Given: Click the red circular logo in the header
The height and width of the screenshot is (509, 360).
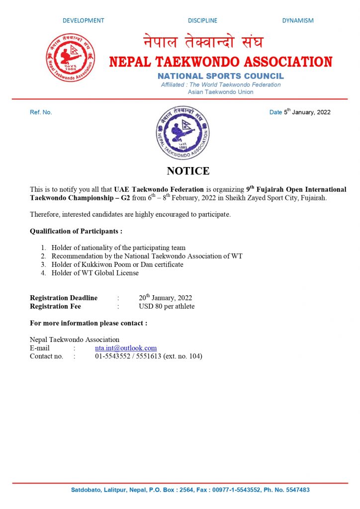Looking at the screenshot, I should point(71,57).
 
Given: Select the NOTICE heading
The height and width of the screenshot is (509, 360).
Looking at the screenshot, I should point(188,171).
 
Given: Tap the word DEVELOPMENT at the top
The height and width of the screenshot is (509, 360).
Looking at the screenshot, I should point(84,20).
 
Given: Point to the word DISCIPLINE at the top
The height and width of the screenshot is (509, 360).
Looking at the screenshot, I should point(202,20).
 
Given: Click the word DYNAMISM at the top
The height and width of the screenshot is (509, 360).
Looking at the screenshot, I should point(298,20).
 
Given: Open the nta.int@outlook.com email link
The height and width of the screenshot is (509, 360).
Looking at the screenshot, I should point(126,348).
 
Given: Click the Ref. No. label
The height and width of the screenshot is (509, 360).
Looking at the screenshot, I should point(41,112).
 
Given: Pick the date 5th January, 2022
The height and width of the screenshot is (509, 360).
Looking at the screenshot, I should point(307,112).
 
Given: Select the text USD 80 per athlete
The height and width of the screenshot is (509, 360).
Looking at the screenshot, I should point(167,306).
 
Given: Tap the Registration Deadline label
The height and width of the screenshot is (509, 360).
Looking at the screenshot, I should point(64,298).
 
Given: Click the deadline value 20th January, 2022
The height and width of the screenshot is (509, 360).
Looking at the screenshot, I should point(166,298).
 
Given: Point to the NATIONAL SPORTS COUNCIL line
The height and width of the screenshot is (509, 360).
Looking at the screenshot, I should point(221,76).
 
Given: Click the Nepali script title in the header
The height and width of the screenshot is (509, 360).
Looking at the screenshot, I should point(203,42).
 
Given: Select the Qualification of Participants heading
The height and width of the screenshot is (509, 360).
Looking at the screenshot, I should point(76,231).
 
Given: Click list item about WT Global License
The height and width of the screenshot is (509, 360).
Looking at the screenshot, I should point(95,272).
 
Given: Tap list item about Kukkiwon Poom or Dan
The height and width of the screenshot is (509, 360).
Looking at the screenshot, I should point(117,264).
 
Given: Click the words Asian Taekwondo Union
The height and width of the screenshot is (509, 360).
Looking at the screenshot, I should point(221,92).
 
